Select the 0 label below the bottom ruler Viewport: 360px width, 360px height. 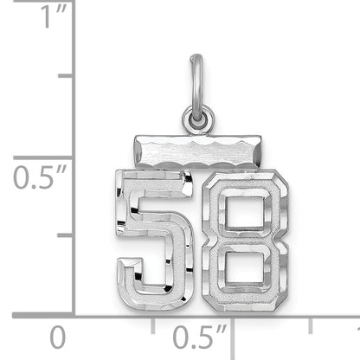coord(57,337)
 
